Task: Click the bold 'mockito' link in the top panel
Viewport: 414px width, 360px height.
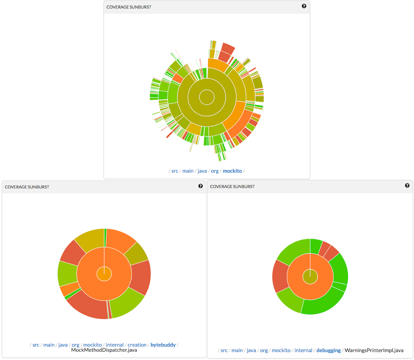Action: pos(232,171)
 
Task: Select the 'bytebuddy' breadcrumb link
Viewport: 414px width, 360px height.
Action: pos(163,345)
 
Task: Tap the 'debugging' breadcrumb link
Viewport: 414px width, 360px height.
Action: pos(328,350)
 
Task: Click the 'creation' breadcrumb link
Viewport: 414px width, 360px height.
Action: pos(137,345)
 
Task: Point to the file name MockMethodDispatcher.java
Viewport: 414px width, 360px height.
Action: pos(104,350)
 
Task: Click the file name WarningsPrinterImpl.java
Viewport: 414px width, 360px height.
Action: pos(374,350)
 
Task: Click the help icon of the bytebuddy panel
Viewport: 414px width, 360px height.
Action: pos(201,186)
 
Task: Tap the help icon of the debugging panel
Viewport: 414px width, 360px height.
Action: pos(407,186)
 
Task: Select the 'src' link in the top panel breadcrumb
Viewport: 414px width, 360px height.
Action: pos(175,171)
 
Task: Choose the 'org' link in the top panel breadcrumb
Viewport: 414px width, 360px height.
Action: pos(215,171)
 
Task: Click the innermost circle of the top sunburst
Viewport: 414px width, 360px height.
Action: pos(207,97)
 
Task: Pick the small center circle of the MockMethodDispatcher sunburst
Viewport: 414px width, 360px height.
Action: pos(104,274)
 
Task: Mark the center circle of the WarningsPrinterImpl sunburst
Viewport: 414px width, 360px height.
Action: pos(310,277)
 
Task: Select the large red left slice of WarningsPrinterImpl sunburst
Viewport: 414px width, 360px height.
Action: pos(280,276)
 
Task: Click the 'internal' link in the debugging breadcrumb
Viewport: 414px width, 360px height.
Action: pos(303,350)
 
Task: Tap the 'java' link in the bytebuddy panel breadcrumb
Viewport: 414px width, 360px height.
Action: pos(63,345)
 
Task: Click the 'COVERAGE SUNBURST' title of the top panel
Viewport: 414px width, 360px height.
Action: pos(129,7)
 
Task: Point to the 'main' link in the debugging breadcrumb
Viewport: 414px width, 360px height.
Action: pos(237,350)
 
